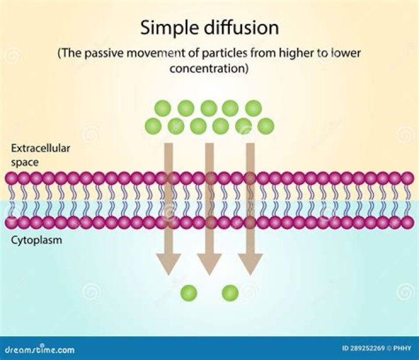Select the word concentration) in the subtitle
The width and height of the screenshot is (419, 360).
click(210, 68)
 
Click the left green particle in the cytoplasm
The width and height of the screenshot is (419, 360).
click(189, 292)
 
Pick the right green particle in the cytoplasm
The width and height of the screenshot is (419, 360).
click(230, 292)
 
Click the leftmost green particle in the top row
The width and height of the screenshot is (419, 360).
click(162, 108)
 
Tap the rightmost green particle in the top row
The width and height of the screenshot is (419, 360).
click(253, 108)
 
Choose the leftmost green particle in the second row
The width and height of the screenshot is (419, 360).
click(153, 125)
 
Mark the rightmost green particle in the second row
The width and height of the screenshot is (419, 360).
click(266, 125)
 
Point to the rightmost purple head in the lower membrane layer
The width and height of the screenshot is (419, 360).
click(409, 222)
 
